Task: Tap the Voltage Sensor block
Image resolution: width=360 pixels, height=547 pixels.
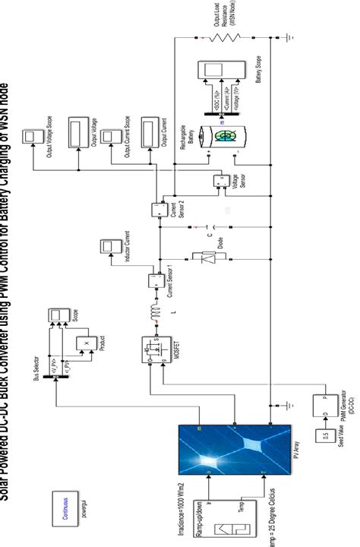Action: point(221,180)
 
